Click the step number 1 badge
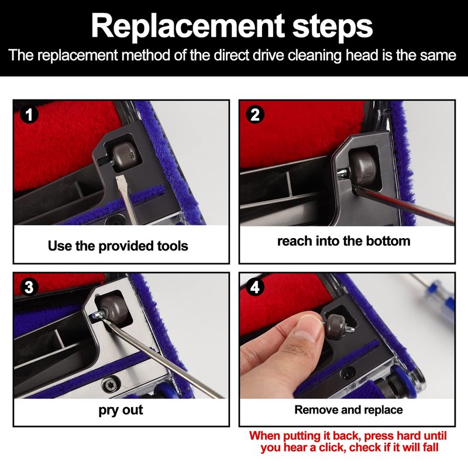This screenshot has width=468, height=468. (x=29, y=115)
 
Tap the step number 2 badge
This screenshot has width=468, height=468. (x=254, y=115)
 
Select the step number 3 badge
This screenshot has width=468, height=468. (x=29, y=287)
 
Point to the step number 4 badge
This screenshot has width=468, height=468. (x=254, y=287)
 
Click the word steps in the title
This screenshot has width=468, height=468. (x=332, y=27)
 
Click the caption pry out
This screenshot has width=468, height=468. (x=121, y=411)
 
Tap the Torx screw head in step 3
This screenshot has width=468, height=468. (x=110, y=385)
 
